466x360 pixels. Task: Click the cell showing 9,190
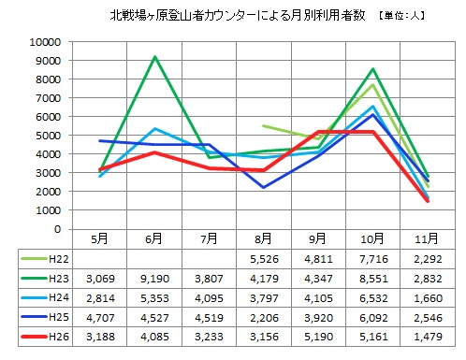[x=155, y=279]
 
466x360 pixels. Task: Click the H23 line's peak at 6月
[x=155, y=57]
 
